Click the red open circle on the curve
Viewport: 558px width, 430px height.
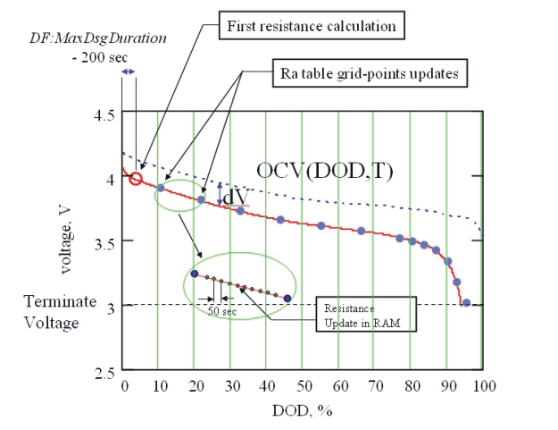(136, 179)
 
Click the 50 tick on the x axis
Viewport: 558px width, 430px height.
(304, 385)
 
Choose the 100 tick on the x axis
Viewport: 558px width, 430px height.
(484, 385)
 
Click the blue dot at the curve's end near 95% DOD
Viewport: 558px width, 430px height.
(466, 305)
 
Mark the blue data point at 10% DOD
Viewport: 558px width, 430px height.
(161, 188)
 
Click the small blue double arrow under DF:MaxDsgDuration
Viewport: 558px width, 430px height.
(129, 71)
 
